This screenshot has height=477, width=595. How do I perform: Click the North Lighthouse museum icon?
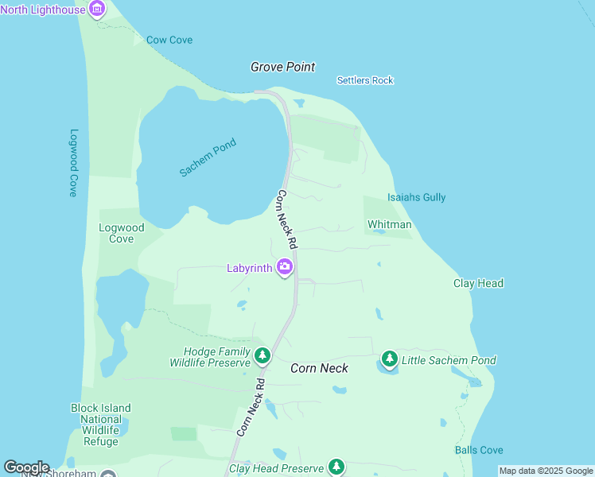point(97,10)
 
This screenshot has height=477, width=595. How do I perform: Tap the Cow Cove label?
point(169,40)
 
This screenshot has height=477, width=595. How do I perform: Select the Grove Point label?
point(282,68)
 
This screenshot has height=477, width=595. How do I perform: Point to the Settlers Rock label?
point(365,80)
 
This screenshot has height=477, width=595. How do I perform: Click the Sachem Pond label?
point(208,157)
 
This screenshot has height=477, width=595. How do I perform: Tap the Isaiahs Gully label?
point(416,197)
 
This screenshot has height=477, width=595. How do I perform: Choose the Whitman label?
point(389,224)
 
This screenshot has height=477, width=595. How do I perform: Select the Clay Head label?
point(478,283)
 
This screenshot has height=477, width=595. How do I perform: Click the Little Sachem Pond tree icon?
point(389,360)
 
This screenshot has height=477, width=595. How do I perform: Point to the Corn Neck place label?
point(319,368)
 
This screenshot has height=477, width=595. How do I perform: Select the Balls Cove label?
point(479,450)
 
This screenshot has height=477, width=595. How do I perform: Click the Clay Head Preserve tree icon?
point(336,467)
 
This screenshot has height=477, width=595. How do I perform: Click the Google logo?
point(26,467)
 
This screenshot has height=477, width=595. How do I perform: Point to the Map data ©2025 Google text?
point(546,471)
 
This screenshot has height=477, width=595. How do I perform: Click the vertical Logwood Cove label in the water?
point(73,163)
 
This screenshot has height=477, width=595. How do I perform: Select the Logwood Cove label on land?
point(121,233)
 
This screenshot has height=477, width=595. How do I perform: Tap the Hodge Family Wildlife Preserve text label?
point(216,357)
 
